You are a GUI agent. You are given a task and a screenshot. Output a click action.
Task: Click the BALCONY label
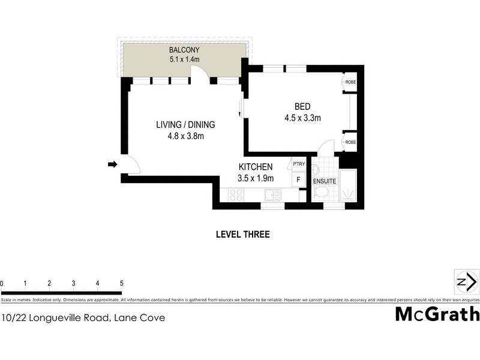click(x=184, y=49)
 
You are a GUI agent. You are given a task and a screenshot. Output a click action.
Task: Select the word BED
click(x=302, y=107)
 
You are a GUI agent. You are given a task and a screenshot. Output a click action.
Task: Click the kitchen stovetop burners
click(x=236, y=194)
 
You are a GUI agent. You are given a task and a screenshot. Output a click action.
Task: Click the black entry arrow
click(x=112, y=164)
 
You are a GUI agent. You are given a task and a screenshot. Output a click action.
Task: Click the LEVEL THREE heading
click(x=242, y=235)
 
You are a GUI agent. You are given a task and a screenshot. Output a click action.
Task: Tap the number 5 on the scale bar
click(x=121, y=283)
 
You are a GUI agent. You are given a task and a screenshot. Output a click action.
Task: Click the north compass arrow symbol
click(x=466, y=282)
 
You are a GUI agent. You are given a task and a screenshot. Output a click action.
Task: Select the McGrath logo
click(x=437, y=314)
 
